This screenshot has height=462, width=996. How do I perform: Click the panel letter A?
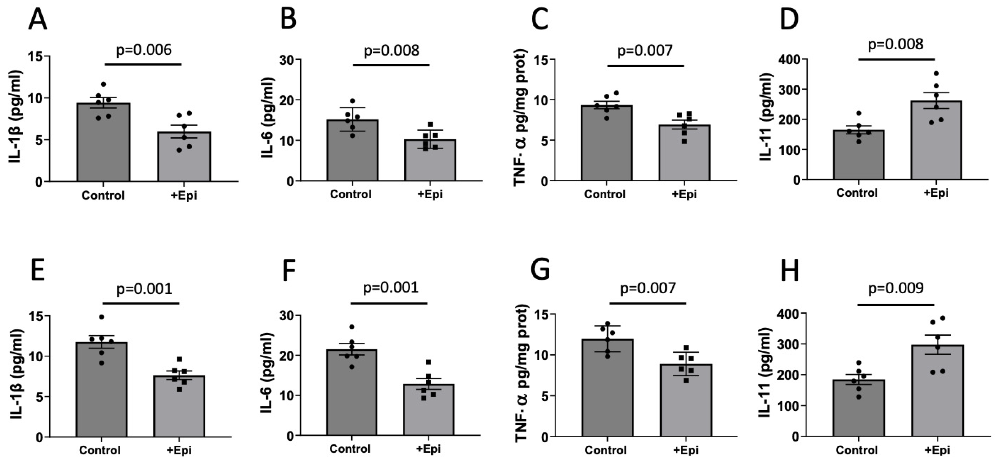tap(38, 19)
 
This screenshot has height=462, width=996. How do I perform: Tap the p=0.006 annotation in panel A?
tap(144, 50)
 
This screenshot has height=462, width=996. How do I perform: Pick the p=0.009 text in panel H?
tap(896, 288)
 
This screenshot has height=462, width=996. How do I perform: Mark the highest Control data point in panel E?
tap(101, 317)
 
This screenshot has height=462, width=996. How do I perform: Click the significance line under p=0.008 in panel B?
tap(391, 65)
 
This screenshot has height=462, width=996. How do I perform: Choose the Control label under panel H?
tap(856, 450)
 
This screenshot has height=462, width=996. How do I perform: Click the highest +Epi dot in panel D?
tap(936, 73)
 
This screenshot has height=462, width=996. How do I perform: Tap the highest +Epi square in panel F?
tap(429, 362)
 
